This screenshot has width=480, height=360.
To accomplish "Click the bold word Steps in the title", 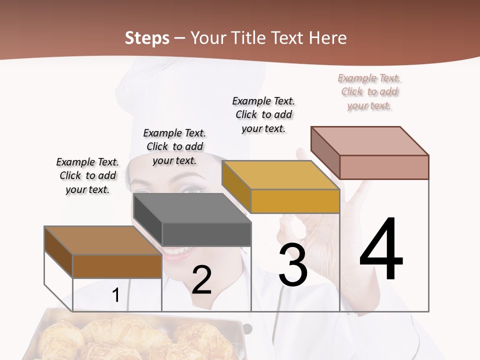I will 147,38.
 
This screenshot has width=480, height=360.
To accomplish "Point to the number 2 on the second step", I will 201,280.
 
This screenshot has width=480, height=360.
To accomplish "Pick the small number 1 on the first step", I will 116,295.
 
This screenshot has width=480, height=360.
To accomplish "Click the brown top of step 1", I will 102,240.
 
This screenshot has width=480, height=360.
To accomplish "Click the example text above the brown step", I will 87,175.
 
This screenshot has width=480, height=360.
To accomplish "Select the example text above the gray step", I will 174,146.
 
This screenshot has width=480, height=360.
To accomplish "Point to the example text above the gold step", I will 263,114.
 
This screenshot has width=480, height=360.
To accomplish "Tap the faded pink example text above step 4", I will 369,91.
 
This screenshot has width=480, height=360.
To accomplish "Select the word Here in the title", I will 328,38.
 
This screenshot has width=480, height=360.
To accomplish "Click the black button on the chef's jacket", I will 246,328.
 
